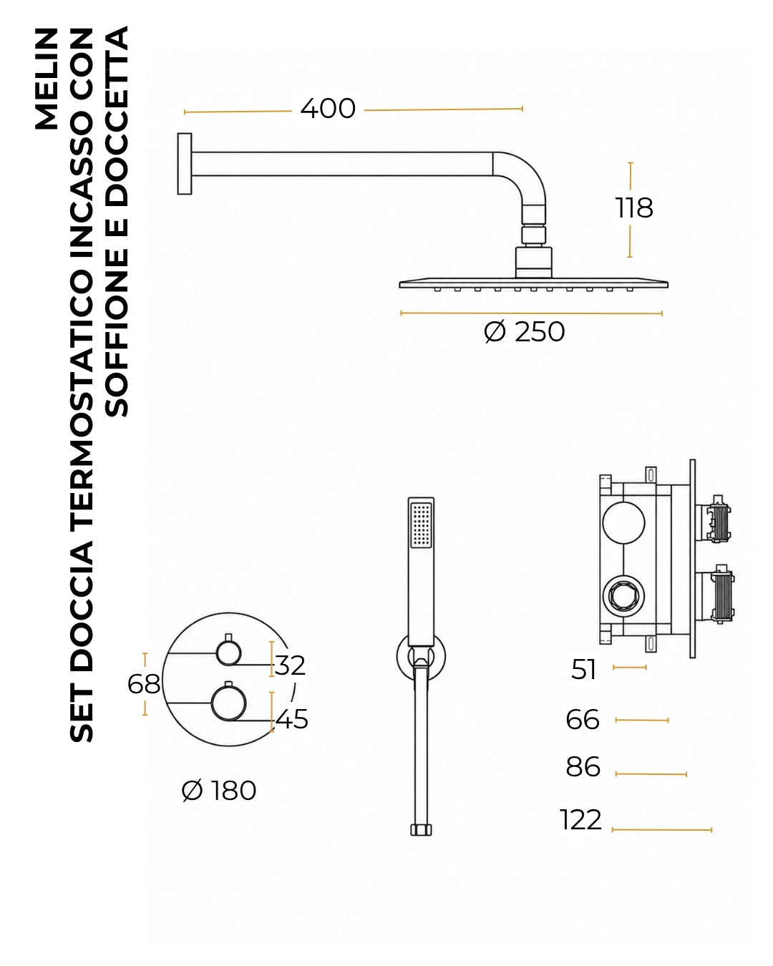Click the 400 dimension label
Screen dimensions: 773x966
point(327,109)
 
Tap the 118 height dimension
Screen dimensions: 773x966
point(633,208)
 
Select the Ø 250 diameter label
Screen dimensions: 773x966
point(524,332)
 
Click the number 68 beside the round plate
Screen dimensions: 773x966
point(144,684)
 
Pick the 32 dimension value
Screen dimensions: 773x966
point(290,665)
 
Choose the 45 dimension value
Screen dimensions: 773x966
point(292,719)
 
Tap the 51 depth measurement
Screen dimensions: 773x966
point(583,670)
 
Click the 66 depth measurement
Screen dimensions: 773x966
point(583,720)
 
